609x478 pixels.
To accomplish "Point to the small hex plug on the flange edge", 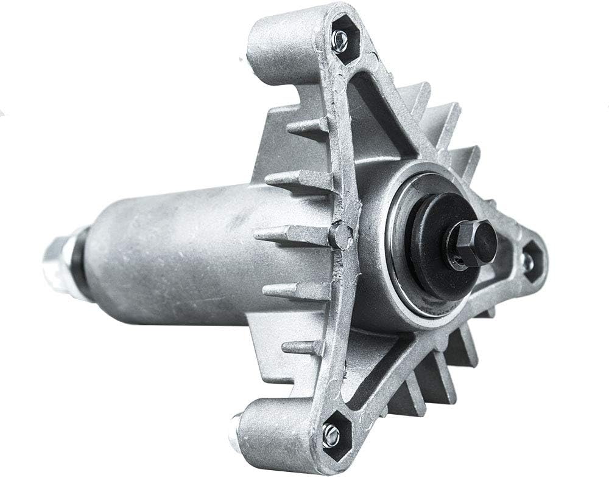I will pyautogui.click(x=340, y=235).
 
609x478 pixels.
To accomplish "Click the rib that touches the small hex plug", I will pyautogui.click(x=292, y=235).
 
